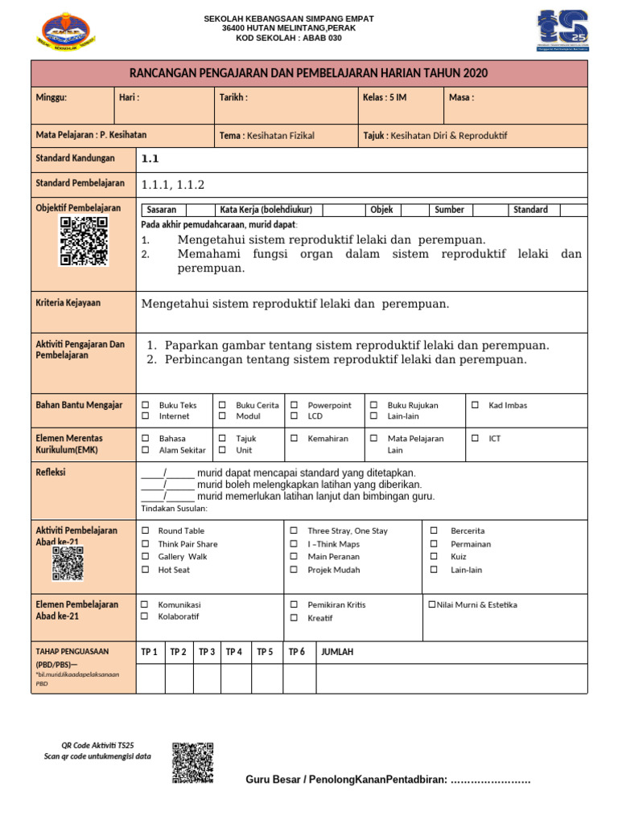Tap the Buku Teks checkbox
click(x=146, y=405)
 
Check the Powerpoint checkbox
click(x=294, y=405)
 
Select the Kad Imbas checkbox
click(x=475, y=405)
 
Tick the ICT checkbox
click(x=475, y=439)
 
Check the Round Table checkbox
click(x=146, y=531)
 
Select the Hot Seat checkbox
click(x=146, y=570)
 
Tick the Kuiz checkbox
click(x=434, y=557)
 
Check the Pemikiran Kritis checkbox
click(x=294, y=605)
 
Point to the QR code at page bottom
click(x=193, y=763)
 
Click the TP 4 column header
click(x=234, y=652)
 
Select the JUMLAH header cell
click(x=337, y=652)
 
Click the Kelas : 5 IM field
click(x=385, y=97)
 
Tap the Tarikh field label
click(x=233, y=97)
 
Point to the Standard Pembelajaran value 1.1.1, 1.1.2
click(x=173, y=185)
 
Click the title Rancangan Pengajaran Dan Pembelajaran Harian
click(x=309, y=73)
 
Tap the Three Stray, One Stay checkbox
click(x=294, y=531)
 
